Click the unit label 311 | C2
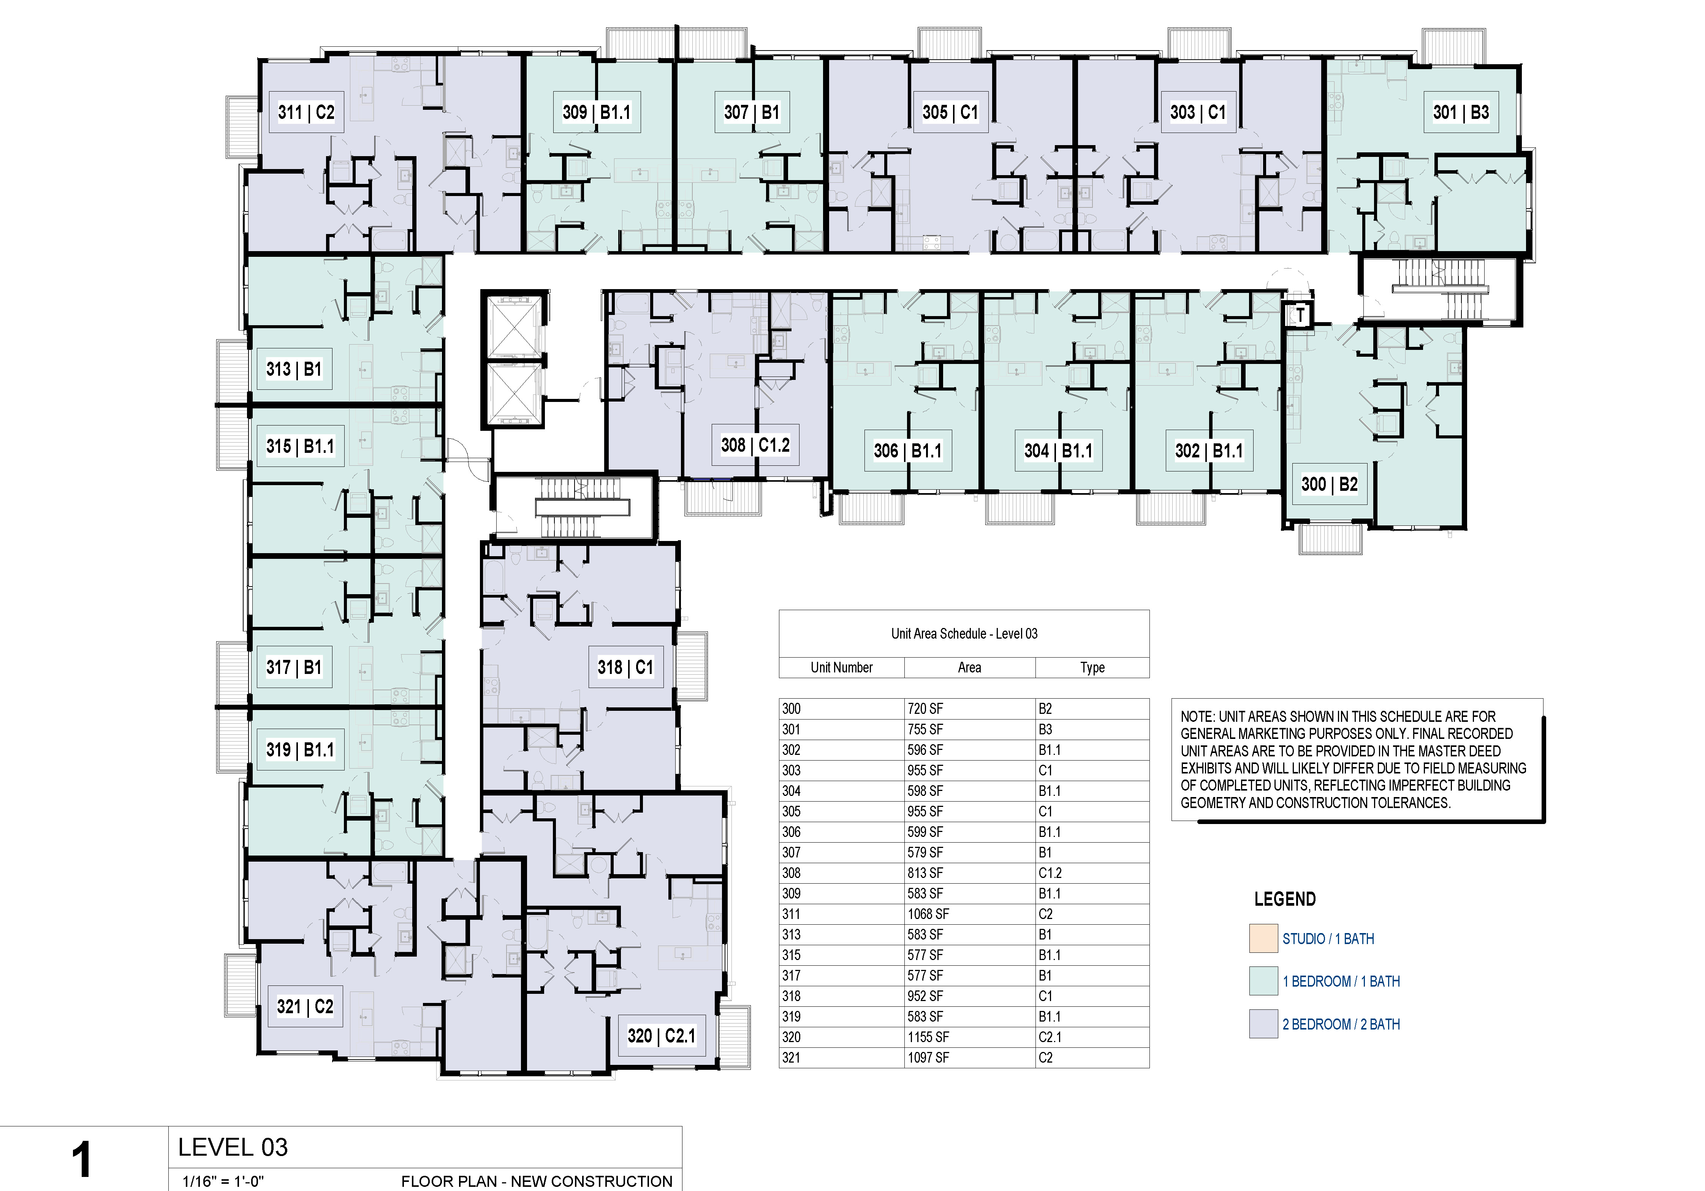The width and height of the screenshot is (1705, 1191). [x=306, y=113]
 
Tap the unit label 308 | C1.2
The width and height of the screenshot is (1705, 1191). [x=755, y=446]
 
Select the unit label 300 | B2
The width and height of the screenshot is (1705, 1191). [x=1329, y=485]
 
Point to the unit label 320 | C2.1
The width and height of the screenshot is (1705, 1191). [x=661, y=1036]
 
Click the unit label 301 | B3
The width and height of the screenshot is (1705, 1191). [x=1461, y=113]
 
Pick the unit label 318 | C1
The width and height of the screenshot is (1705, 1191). [x=625, y=667]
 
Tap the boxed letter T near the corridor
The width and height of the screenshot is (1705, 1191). [x=1300, y=315]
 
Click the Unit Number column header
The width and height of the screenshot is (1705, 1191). [x=841, y=667]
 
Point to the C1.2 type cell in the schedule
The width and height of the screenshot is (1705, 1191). [x=1050, y=873]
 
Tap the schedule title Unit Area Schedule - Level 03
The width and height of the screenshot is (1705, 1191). [x=964, y=633]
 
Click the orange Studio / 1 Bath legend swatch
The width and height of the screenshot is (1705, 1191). [x=1263, y=938]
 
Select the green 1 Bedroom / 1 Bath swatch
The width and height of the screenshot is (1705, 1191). [x=1263, y=981]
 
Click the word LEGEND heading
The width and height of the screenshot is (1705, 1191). [x=1285, y=899]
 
